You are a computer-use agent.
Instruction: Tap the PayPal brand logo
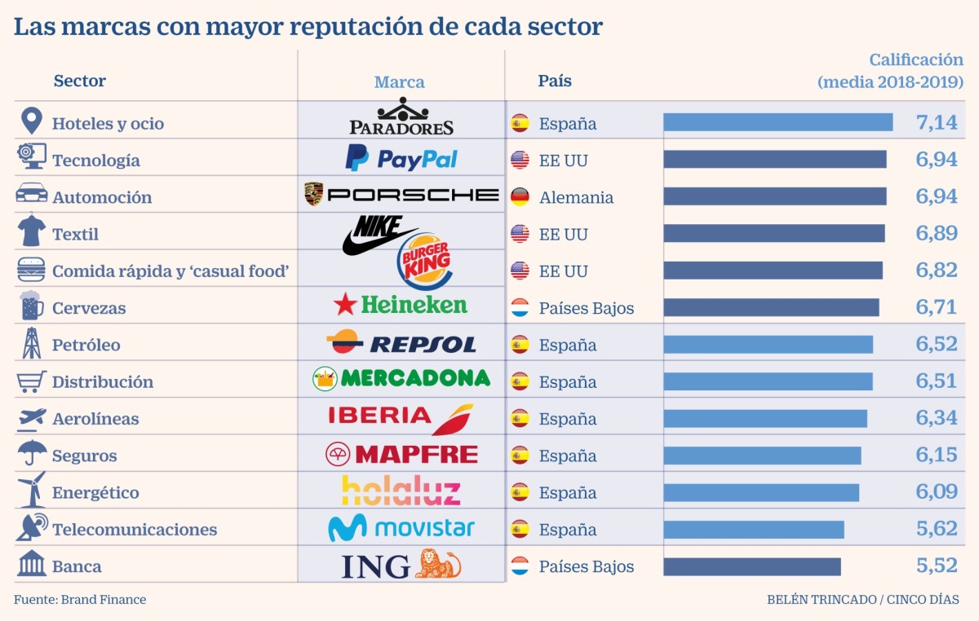tap(401, 158)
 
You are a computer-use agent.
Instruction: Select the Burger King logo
tap(423, 262)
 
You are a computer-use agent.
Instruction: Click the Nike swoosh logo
tap(377, 236)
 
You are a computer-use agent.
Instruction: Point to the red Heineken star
tap(345, 305)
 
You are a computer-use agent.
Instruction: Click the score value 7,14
tap(937, 123)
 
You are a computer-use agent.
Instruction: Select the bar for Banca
tap(751, 566)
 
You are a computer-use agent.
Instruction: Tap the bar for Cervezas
tap(771, 307)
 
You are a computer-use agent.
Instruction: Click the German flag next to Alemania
tap(520, 197)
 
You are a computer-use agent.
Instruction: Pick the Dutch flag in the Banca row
tap(520, 566)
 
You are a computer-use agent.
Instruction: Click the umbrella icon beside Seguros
tap(32, 454)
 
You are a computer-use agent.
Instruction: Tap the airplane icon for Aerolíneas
tap(32, 418)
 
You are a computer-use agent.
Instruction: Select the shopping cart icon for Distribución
tap(32, 381)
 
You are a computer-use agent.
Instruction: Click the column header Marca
tap(399, 81)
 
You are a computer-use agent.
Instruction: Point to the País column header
tap(555, 81)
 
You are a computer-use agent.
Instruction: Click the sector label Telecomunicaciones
tap(135, 530)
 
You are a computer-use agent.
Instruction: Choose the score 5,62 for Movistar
tap(937, 529)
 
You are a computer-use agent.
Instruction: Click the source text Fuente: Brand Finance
tap(80, 600)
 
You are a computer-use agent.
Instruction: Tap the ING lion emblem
tap(438, 564)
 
